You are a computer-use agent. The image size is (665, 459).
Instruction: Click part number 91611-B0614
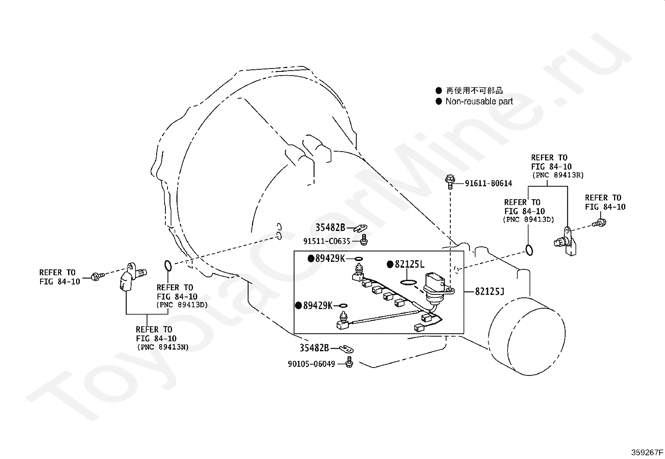click(488, 183)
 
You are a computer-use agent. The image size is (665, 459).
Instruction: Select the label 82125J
click(490, 291)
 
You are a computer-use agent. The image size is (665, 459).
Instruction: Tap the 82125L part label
click(409, 264)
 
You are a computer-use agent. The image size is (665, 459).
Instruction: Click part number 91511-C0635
click(327, 241)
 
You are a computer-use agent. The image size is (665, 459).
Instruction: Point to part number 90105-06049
click(312, 364)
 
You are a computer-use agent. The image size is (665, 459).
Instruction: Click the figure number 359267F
click(647, 452)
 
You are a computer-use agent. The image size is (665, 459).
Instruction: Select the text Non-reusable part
click(479, 101)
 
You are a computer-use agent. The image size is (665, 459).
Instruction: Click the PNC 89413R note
click(558, 175)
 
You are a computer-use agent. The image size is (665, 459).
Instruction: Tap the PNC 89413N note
click(163, 347)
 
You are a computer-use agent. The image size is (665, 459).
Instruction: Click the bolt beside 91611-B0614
click(450, 181)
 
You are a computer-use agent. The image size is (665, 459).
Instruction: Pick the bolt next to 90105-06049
click(350, 362)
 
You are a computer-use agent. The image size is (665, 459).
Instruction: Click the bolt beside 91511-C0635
click(364, 240)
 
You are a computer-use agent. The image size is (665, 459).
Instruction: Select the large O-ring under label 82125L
click(409, 282)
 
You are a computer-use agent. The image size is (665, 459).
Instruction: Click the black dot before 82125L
click(390, 264)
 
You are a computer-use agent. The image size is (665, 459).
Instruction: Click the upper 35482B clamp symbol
click(360, 228)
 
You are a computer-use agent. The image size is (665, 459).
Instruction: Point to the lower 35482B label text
click(315, 348)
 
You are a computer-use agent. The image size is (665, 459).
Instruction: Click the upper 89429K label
click(330, 259)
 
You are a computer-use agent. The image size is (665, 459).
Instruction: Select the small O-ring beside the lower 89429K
click(343, 305)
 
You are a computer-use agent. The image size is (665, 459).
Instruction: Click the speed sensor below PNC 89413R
click(565, 241)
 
